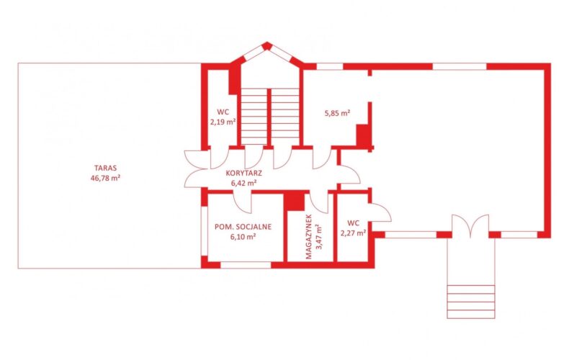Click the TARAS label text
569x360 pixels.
[x=105, y=168]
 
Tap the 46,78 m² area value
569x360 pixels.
[x=105, y=178]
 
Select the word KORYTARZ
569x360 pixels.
[x=244, y=173]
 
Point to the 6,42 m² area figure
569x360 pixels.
[x=244, y=183]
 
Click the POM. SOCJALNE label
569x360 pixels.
[x=243, y=227]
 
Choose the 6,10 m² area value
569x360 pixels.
[x=243, y=237]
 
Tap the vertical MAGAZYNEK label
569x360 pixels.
[x=309, y=237]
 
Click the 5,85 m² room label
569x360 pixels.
[x=337, y=113]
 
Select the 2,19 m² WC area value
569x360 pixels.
[x=223, y=122]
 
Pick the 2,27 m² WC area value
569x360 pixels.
[x=353, y=233]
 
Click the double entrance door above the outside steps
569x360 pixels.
[x=470, y=226]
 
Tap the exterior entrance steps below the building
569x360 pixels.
[x=471, y=302]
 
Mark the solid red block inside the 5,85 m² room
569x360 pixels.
[x=363, y=135]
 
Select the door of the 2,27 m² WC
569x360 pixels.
[x=380, y=212]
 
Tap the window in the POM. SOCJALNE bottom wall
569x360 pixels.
[x=246, y=265]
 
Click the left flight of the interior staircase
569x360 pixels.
[x=254, y=116]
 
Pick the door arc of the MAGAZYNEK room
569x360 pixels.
[x=319, y=203]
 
